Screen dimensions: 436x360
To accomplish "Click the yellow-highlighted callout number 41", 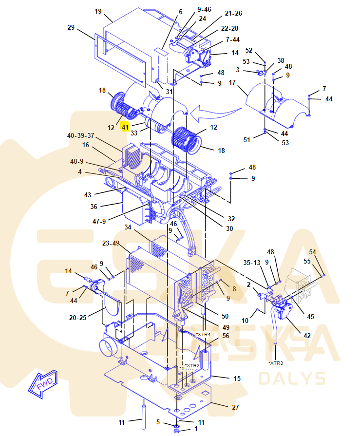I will [x=126, y=127].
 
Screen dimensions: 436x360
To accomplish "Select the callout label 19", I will [x=98, y=11].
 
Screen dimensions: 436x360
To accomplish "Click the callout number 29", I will [x=71, y=28].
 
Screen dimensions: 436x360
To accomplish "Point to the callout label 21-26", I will [x=233, y=13].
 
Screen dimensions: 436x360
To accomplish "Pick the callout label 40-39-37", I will [x=81, y=135].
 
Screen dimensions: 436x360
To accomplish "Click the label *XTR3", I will [x=275, y=362].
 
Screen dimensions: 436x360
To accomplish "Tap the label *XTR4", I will [x=203, y=334].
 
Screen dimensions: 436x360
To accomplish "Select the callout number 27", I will [x=235, y=407].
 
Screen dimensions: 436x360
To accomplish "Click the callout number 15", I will [x=237, y=379].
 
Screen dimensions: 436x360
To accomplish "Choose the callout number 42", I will [x=306, y=336].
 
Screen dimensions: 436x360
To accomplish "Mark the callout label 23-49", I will [x=111, y=243].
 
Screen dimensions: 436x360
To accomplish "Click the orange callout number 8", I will [x=234, y=289].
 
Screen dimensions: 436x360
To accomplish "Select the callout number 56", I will [x=226, y=336].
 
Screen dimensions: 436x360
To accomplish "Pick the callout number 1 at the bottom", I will [x=196, y=429].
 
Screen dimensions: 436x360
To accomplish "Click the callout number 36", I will [x=94, y=207].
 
